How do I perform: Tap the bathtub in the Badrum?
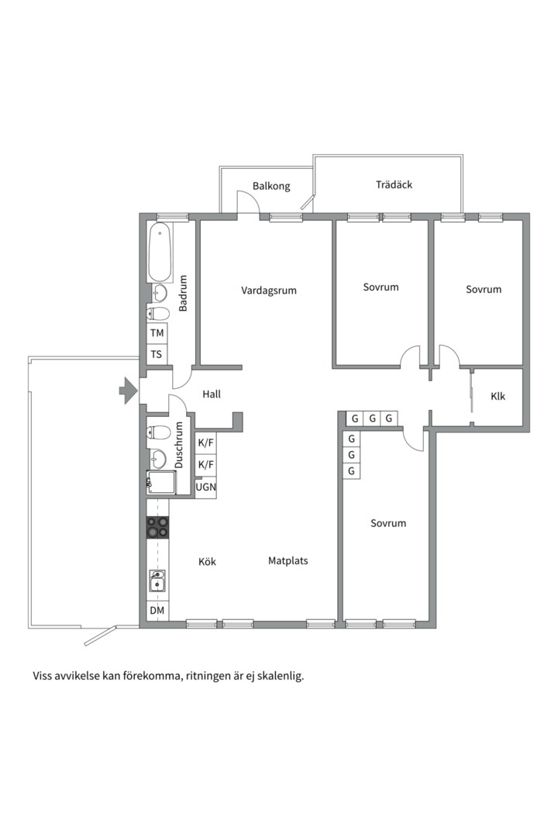click(160, 252)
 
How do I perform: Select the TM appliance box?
click(157, 333)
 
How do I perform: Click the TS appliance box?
click(157, 354)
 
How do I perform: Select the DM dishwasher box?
click(157, 611)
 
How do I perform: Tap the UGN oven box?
click(205, 487)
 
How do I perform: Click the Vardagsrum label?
click(269, 291)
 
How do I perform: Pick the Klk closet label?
click(498, 397)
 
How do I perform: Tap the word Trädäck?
click(394, 184)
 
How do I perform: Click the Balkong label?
click(271, 186)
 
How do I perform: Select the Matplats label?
click(288, 561)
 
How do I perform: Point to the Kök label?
click(207, 562)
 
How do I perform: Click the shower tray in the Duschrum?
click(161, 483)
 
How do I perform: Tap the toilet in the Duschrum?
click(158, 432)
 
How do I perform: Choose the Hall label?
click(212, 394)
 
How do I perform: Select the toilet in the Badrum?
click(159, 313)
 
